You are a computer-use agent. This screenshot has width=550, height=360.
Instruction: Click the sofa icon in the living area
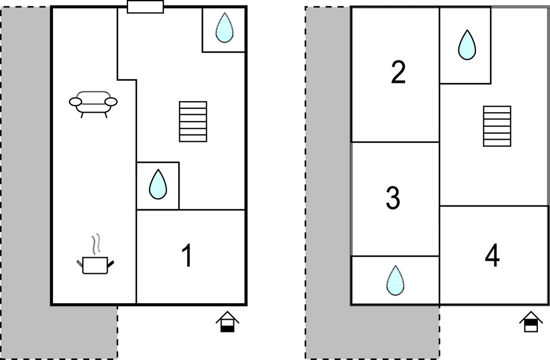tap(93, 102)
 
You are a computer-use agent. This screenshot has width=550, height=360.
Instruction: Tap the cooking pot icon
tap(95, 264)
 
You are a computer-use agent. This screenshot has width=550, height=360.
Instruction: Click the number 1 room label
tap(188, 256)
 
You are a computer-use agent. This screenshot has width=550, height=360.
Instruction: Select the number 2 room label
tap(398, 73)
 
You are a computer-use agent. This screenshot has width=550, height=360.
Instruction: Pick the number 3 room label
tap(393, 199)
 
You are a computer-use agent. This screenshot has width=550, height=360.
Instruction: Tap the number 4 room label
tap(492, 256)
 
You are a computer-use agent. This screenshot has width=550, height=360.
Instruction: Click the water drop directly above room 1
tap(158, 185)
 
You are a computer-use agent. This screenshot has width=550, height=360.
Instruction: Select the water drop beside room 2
tap(466, 45)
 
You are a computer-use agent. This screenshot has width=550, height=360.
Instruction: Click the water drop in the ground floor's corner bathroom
tap(224, 28)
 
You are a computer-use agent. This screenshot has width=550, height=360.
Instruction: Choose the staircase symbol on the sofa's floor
tap(193, 121)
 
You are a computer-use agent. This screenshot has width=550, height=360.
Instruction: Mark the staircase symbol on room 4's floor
tap(497, 126)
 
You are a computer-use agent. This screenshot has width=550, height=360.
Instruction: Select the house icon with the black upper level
tap(531, 322)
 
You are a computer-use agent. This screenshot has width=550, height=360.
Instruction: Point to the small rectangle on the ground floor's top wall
tap(145, 7)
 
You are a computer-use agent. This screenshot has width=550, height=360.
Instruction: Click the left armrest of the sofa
tap(76, 102)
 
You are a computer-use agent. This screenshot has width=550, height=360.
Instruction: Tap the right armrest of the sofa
tap(111, 102)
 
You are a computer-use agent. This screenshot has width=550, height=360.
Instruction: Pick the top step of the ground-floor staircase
tap(193, 105)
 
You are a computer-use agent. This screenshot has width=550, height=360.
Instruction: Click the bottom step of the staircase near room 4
tap(497, 142)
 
